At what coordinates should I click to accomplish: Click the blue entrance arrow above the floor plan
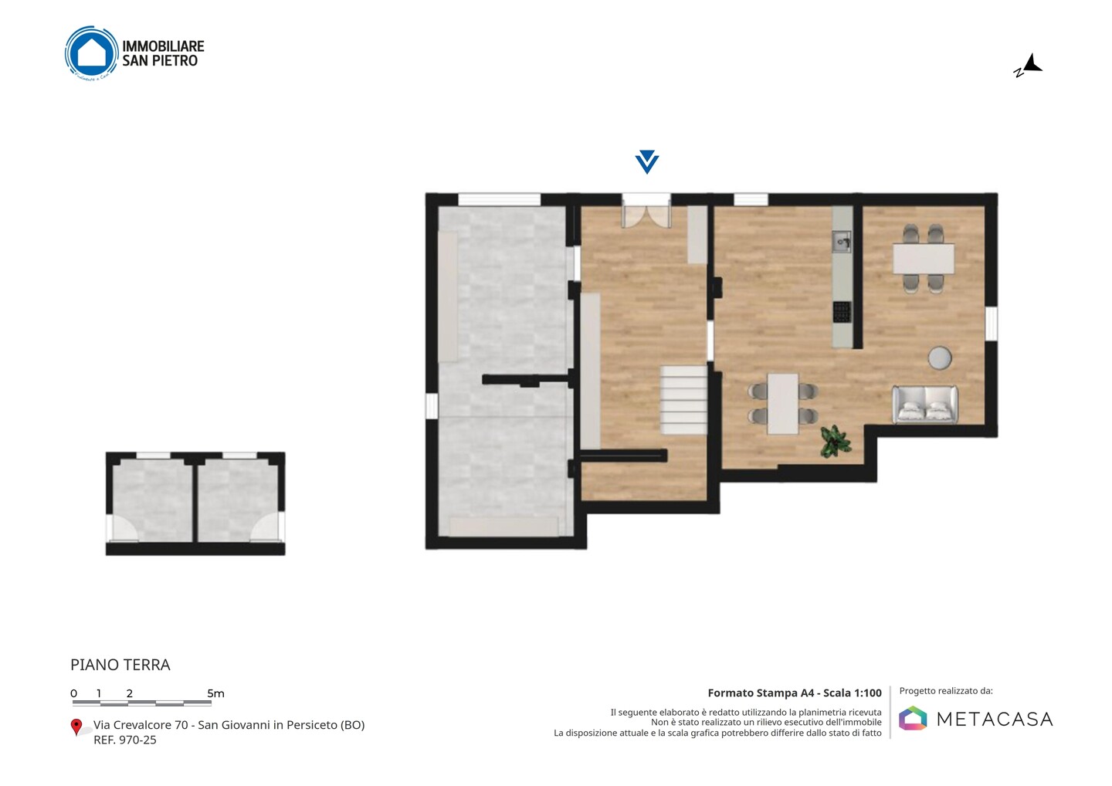click(647, 162)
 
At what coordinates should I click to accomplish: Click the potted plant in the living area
click(835, 441)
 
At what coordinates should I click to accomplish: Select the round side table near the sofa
click(940, 357)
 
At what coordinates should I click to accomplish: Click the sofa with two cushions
click(925, 405)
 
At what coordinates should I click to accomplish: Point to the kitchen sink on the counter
click(842, 242)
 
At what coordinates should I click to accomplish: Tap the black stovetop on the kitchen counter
click(842, 312)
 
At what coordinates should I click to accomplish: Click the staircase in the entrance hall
click(683, 401)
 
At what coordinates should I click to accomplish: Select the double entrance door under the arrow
click(647, 212)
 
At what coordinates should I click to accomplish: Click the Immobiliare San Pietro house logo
click(92, 53)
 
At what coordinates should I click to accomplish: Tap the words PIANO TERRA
click(120, 665)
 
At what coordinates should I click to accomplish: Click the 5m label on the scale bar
click(215, 693)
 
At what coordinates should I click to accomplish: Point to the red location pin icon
click(76, 727)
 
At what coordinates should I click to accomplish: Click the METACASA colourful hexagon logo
click(913, 718)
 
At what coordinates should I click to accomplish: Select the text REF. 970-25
click(125, 740)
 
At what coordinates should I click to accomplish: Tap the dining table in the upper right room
click(924, 259)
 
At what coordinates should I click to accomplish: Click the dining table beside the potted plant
click(783, 404)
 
